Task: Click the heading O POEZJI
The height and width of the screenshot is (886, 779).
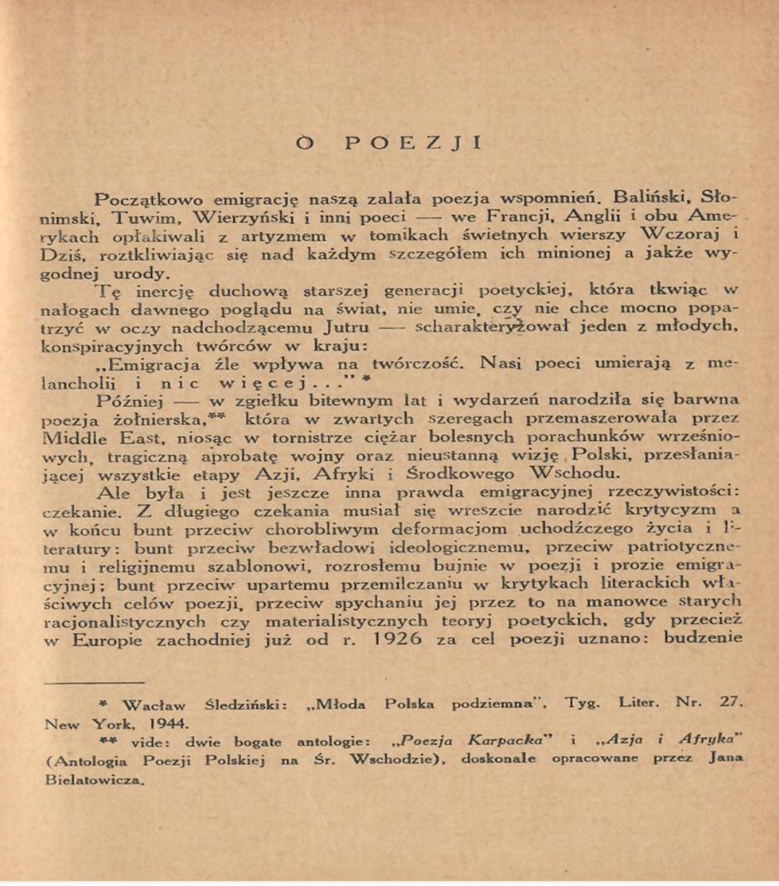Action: (x=389, y=142)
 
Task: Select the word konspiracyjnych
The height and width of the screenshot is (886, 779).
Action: (x=117, y=346)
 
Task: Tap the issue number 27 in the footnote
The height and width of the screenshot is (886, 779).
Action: (x=728, y=704)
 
